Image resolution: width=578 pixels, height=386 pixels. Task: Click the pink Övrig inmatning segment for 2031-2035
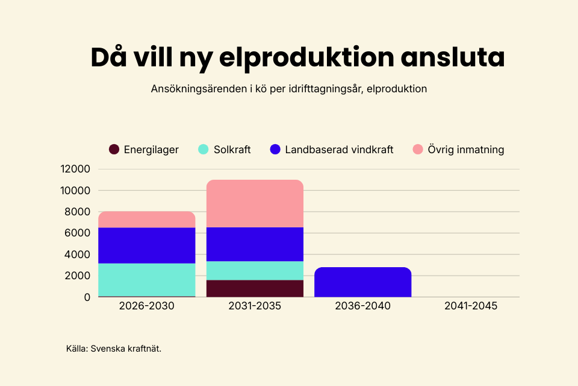[x=255, y=204]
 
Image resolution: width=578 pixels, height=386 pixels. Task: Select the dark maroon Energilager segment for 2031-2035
[x=255, y=288]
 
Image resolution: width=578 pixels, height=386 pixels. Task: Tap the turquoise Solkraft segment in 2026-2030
[x=147, y=280]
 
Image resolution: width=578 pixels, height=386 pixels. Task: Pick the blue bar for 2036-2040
[x=362, y=282]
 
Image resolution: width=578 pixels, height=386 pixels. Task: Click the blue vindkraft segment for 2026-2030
[x=147, y=245]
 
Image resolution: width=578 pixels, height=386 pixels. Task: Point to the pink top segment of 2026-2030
[x=147, y=220]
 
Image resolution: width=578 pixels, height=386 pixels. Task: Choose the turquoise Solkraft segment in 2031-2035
[x=255, y=271]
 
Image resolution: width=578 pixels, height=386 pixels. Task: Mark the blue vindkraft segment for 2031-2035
[x=255, y=244]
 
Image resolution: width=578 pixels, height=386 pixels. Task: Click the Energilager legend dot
[x=114, y=150]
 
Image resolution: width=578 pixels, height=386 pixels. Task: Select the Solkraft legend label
[x=232, y=150]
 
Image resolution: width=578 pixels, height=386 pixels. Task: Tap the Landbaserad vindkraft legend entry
[x=339, y=150]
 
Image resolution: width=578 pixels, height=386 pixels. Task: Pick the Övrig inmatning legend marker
[x=418, y=150]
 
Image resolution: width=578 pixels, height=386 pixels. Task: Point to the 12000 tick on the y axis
[x=75, y=169]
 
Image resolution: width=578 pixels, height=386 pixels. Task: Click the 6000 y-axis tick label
[x=78, y=233]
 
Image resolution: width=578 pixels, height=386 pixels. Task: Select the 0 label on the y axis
[x=87, y=297]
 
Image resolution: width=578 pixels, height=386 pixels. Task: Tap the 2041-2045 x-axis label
[x=471, y=306]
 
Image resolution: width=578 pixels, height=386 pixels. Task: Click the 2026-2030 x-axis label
[x=147, y=306]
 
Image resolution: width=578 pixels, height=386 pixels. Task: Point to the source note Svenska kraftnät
[x=126, y=349]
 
